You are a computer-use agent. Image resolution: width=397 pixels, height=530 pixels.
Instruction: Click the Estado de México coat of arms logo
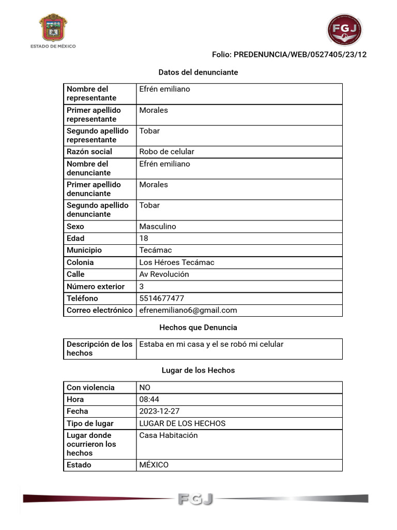(53, 28)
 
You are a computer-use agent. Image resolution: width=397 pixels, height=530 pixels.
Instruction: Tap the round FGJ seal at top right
(345, 30)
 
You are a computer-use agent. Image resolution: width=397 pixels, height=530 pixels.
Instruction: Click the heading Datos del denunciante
(198, 72)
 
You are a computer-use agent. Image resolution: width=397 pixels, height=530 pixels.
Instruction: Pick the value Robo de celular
(166, 152)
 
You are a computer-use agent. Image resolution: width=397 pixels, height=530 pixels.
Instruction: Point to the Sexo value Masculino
(158, 226)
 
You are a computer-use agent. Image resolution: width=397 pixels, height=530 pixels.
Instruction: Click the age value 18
(144, 238)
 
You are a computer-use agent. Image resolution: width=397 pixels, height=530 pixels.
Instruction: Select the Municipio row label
(84, 250)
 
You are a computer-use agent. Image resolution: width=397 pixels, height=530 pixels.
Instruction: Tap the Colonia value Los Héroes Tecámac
(177, 262)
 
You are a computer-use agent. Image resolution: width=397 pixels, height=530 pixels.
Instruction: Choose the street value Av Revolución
(164, 274)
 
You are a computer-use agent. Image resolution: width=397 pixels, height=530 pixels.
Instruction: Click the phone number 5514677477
(161, 298)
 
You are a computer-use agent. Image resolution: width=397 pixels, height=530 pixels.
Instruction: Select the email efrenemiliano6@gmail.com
(188, 310)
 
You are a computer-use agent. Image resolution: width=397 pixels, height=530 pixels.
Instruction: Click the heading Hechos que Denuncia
(198, 327)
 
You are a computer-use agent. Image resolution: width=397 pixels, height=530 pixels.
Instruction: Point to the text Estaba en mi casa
(168, 344)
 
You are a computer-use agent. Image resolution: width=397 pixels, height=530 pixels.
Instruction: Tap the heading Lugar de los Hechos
(198, 370)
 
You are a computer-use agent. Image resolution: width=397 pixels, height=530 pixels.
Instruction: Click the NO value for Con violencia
(145, 387)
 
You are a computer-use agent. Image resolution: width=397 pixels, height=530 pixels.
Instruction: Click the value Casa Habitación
(169, 435)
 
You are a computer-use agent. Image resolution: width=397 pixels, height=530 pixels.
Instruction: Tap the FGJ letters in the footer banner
(195, 499)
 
